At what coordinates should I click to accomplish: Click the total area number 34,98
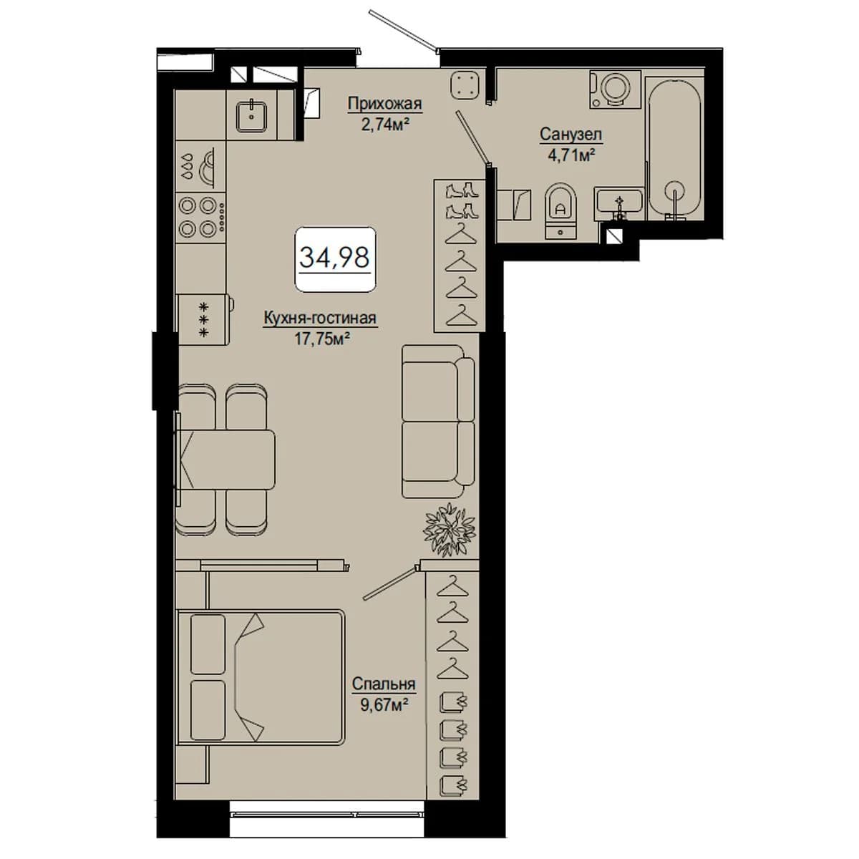point(335,258)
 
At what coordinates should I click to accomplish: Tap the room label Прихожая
point(384,104)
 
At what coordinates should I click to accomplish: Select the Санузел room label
point(571,134)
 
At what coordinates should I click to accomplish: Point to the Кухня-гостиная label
point(321,319)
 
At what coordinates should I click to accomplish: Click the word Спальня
point(384,684)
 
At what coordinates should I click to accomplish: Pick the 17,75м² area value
point(321,339)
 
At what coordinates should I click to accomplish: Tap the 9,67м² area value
point(384,705)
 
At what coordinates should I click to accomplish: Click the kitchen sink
point(252,116)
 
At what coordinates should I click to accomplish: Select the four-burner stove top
point(201,217)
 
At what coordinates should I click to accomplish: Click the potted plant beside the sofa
point(450,529)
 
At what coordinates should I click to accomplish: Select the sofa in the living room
point(438,421)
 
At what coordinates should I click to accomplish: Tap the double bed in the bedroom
point(261,678)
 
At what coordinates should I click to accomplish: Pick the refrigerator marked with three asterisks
point(205,319)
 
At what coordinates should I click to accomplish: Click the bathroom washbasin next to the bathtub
point(618,204)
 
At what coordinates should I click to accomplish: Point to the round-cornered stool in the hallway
point(465,84)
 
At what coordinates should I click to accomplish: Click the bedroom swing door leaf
point(389,584)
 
